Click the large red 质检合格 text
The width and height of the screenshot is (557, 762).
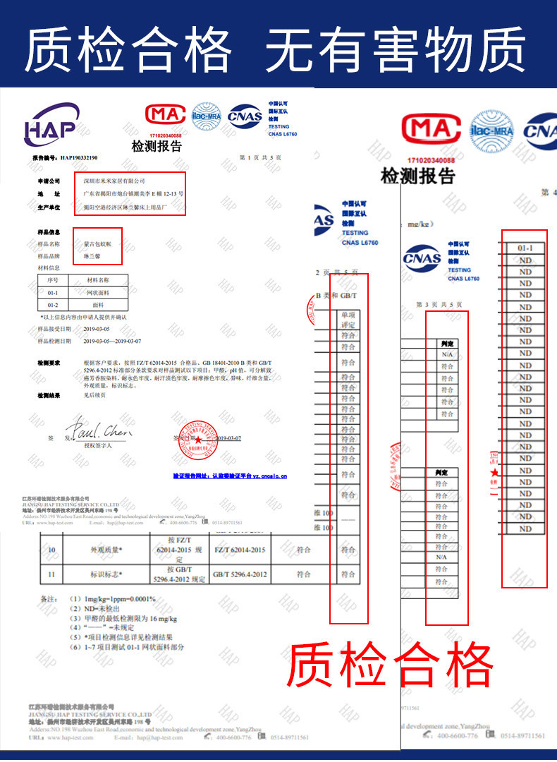pos(391,665)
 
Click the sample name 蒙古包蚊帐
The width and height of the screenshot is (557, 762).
pos(97,244)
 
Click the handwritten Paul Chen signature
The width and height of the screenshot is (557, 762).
pos(99,431)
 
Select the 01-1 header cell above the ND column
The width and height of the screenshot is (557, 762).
pos(525,248)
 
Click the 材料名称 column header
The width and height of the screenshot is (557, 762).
pos(97,280)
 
